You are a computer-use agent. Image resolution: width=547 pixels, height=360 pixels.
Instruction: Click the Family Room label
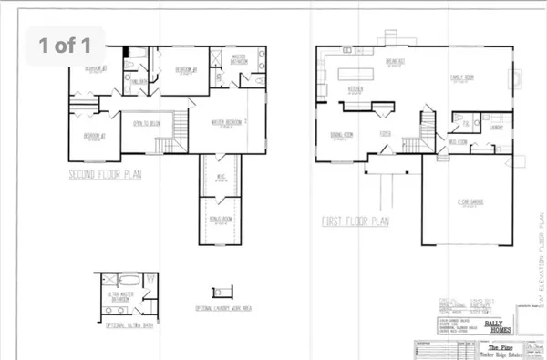470,79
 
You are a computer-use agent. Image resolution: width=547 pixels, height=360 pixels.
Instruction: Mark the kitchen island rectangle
363,74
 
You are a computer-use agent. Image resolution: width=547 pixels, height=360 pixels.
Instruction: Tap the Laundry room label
495,127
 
